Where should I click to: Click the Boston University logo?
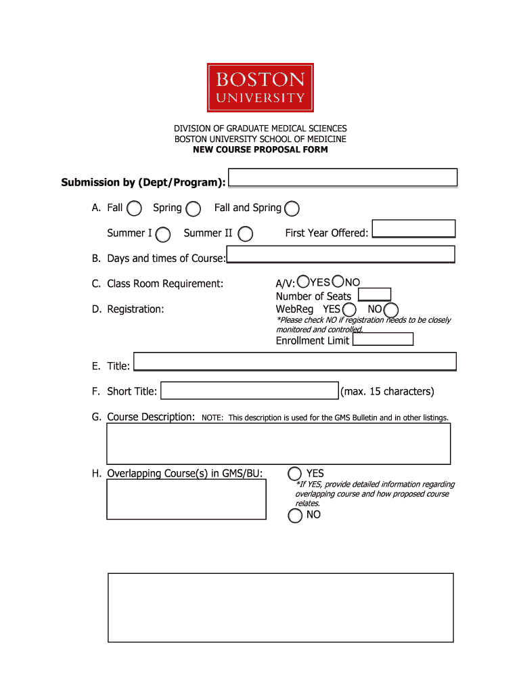260,87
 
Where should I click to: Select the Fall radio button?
134,208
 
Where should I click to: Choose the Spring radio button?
194,208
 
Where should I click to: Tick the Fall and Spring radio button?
292,208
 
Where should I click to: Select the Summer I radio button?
163,234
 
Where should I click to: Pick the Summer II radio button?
246,234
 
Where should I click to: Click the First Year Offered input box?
414,229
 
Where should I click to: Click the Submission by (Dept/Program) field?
344,178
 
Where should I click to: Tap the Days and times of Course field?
340,254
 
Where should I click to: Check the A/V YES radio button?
304,281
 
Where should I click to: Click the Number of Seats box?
375,294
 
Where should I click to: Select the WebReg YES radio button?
349,310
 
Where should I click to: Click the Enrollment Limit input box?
383,340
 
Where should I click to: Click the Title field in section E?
295,361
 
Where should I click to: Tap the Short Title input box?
249,391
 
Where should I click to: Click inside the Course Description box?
279,444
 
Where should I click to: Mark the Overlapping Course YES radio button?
295,474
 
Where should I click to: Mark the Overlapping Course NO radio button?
295,516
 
